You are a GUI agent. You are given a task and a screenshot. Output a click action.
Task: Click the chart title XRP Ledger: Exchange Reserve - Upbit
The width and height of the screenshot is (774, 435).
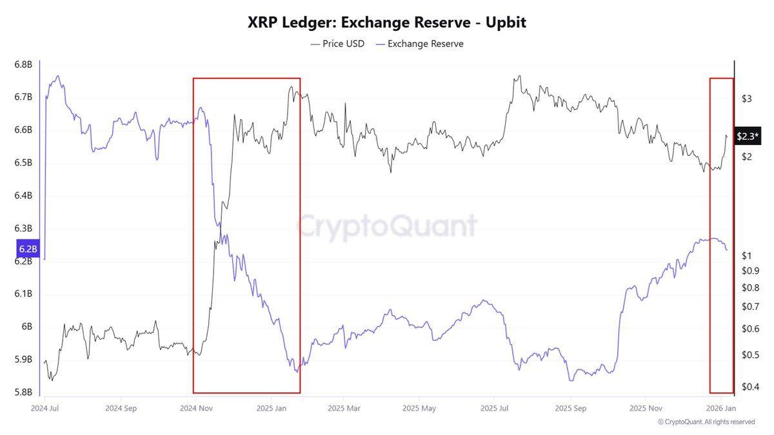pyautogui.click(x=387, y=23)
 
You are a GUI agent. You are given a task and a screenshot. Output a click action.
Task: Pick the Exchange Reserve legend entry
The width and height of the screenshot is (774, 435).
pyautogui.click(x=419, y=44)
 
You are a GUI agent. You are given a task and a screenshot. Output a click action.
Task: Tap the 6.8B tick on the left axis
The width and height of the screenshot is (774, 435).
pyautogui.click(x=23, y=64)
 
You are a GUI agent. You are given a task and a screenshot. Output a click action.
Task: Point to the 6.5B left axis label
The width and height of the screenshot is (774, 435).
pyautogui.click(x=23, y=162)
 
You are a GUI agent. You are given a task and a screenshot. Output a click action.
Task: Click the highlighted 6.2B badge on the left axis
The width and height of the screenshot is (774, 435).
pyautogui.click(x=28, y=248)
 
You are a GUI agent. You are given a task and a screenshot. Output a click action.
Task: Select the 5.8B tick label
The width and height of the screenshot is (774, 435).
pyautogui.click(x=23, y=392)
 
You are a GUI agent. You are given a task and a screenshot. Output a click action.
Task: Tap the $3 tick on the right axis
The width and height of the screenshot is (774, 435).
pyautogui.click(x=747, y=99)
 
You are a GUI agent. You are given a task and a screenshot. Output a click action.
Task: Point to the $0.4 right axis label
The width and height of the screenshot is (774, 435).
pyautogui.click(x=749, y=387)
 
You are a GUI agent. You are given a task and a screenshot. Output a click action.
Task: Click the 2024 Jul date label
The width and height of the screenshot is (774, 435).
pyautogui.click(x=45, y=408)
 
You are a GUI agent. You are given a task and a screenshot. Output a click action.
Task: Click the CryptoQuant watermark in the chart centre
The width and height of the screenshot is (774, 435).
pyautogui.click(x=387, y=226)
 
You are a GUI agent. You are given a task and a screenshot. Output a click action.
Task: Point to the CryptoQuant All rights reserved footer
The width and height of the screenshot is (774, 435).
pyautogui.click(x=706, y=422)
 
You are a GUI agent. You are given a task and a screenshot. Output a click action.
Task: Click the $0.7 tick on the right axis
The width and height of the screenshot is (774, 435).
pyautogui.click(x=749, y=306)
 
